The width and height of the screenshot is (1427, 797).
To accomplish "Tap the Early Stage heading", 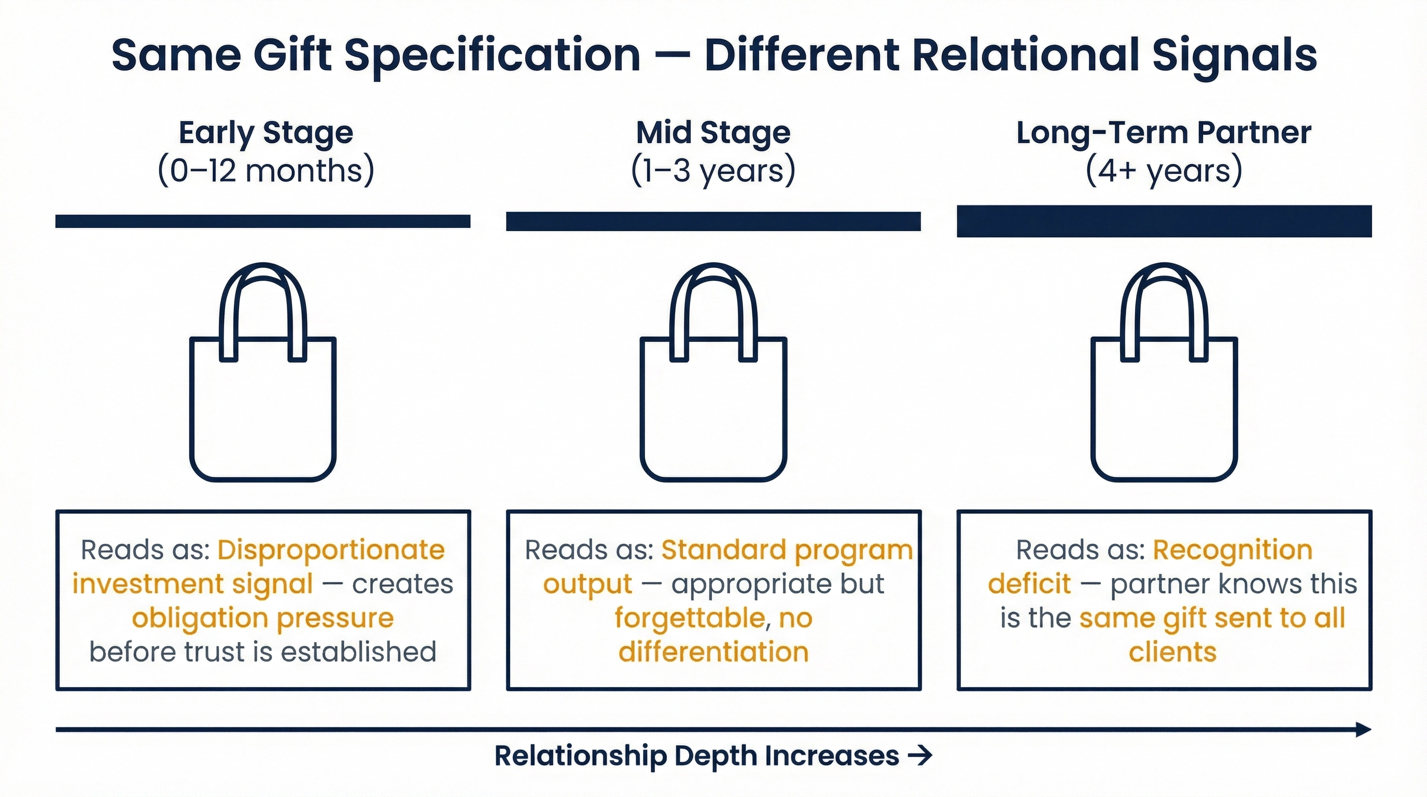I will [x=265, y=133].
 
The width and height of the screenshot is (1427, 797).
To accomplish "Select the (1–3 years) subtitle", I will [x=713, y=170].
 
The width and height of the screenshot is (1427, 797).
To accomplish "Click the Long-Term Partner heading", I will [x=1163, y=133].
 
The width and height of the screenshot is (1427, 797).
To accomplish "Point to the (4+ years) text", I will [x=1163, y=170].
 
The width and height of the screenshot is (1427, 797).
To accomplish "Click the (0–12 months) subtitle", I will [x=265, y=170].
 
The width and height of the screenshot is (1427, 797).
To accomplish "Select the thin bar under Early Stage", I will [x=262, y=221].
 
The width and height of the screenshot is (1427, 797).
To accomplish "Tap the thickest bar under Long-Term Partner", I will [x=1164, y=221].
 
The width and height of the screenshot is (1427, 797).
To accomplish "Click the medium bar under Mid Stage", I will [x=713, y=221].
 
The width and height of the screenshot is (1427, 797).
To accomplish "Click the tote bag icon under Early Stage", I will [x=262, y=410].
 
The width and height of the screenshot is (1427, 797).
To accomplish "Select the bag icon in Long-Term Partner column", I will [x=1164, y=410].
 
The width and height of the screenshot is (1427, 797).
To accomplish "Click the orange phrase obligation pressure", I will [x=262, y=617].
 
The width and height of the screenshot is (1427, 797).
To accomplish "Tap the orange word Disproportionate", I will [x=331, y=550].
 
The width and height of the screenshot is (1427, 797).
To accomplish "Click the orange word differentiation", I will [x=713, y=652].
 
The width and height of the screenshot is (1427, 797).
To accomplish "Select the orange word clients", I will [x=1172, y=652].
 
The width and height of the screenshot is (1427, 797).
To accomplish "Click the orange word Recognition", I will [x=1232, y=550].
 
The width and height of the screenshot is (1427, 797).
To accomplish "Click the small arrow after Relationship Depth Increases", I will [x=920, y=755].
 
